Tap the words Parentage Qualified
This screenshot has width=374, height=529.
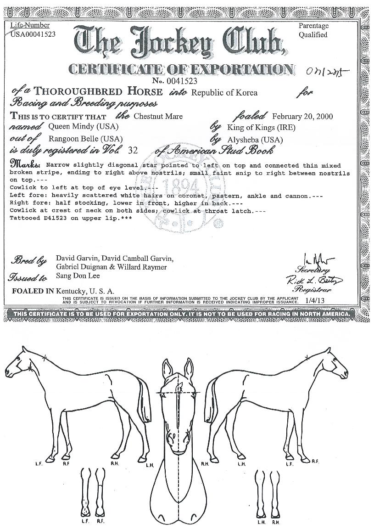[313, 30]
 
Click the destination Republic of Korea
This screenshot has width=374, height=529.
[224, 93]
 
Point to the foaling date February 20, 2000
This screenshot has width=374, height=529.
[302, 116]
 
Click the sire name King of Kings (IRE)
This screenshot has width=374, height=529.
[261, 128]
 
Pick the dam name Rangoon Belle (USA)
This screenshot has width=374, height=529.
[85, 139]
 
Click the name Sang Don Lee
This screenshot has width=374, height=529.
[78, 276]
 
